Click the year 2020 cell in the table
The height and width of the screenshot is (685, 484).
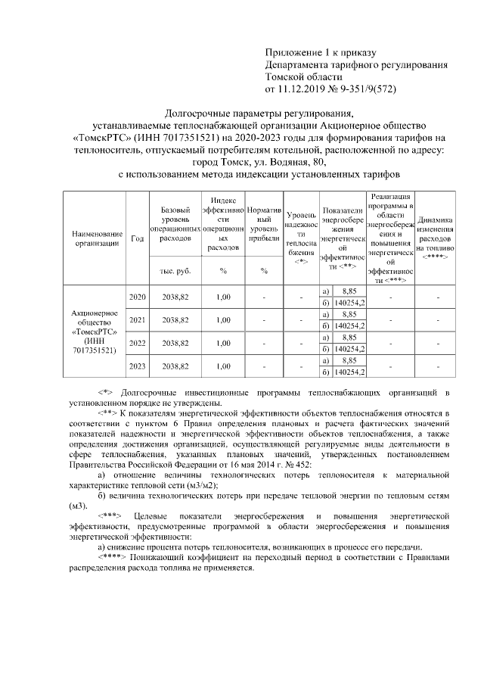[138, 297]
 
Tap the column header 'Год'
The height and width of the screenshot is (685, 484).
[138, 239]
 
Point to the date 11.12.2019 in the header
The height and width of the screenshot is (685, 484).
[303, 89]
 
